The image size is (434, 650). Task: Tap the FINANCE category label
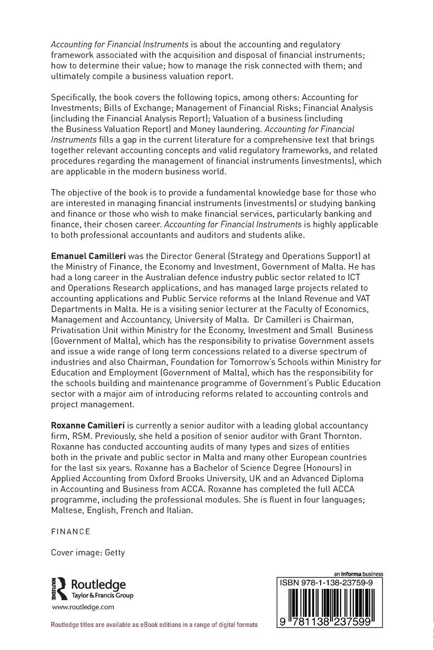[71, 531]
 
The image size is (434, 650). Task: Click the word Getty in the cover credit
[115, 552]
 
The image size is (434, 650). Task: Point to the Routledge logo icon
[59, 589]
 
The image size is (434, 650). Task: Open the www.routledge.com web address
[83, 607]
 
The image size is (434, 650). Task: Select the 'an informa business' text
[358, 574]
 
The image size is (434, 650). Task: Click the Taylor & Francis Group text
[102, 596]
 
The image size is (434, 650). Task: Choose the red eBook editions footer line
[154, 624]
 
